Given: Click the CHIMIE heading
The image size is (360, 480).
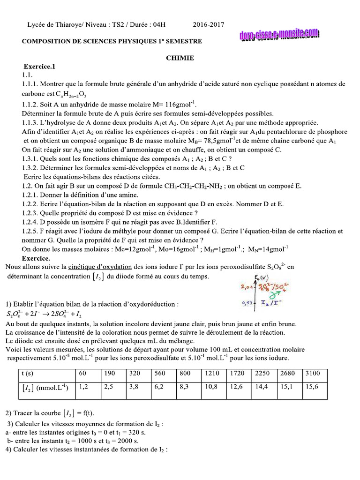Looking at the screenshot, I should pyautogui.click(x=180, y=58).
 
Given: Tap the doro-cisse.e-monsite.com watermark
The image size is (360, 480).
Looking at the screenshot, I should pyautogui.click(x=279, y=35).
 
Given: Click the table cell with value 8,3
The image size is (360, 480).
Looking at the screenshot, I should pyautogui.click(x=187, y=387).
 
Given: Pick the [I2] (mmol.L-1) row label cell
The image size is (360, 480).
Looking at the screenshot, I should pyautogui.click(x=45, y=387).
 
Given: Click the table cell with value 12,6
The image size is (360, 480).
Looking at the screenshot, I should pyautogui.click(x=237, y=387).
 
